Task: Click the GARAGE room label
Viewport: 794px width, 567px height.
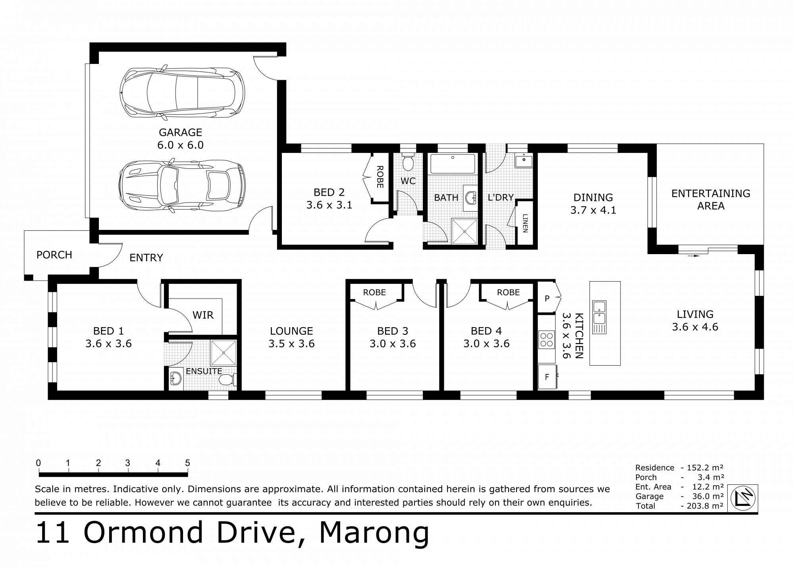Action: tap(180, 132)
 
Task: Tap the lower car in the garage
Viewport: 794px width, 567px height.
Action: tap(182, 186)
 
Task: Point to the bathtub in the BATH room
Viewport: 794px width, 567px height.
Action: tap(453, 164)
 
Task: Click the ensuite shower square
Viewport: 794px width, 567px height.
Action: tap(224, 353)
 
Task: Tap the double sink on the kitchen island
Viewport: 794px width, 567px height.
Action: tap(599, 312)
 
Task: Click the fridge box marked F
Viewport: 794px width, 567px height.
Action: tap(547, 377)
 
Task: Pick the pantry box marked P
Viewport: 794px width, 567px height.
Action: tap(547, 299)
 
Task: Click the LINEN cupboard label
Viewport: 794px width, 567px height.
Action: tap(525, 224)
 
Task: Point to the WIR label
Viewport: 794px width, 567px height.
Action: tap(203, 315)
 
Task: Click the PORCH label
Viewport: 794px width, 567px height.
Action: tap(54, 255)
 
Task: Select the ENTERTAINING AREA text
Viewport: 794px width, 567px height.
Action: tap(711, 200)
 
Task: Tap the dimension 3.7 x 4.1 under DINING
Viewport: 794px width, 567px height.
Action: tap(593, 210)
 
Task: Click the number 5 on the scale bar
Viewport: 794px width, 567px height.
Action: tap(187, 463)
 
